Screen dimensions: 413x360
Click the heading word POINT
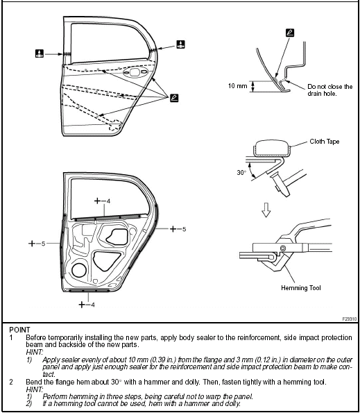pyautogui.click(x=20, y=330)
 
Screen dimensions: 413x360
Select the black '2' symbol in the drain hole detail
pyautogui.click(x=289, y=32)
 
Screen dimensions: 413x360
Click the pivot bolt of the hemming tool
pyautogui.click(x=282, y=248)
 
